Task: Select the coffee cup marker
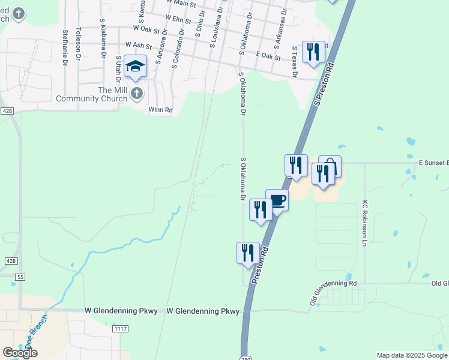coord(277,200)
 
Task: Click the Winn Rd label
coord(160,110)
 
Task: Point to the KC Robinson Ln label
coord(364,223)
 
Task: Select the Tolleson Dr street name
coord(79,43)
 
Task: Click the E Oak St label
coord(268,55)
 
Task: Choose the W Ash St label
coord(137,45)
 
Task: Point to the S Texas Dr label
coord(295,61)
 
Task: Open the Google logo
coord(20,352)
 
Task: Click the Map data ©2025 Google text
coord(412,355)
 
